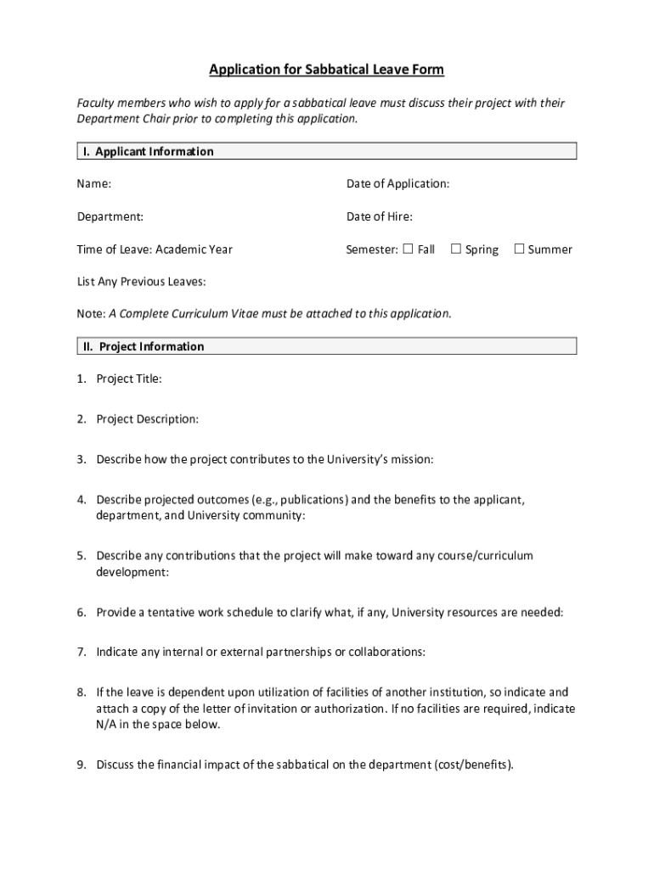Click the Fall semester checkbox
click(408, 249)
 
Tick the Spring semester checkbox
click(455, 249)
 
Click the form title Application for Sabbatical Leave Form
click(327, 69)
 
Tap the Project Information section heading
click(143, 346)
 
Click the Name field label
click(93, 184)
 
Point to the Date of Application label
click(397, 184)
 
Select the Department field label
click(110, 216)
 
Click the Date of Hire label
click(379, 216)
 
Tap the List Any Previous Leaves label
click(141, 281)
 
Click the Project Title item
click(128, 378)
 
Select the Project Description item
click(147, 419)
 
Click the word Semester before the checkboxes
click(371, 249)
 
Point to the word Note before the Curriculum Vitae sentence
click(90, 314)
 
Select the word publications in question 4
click(310, 499)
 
